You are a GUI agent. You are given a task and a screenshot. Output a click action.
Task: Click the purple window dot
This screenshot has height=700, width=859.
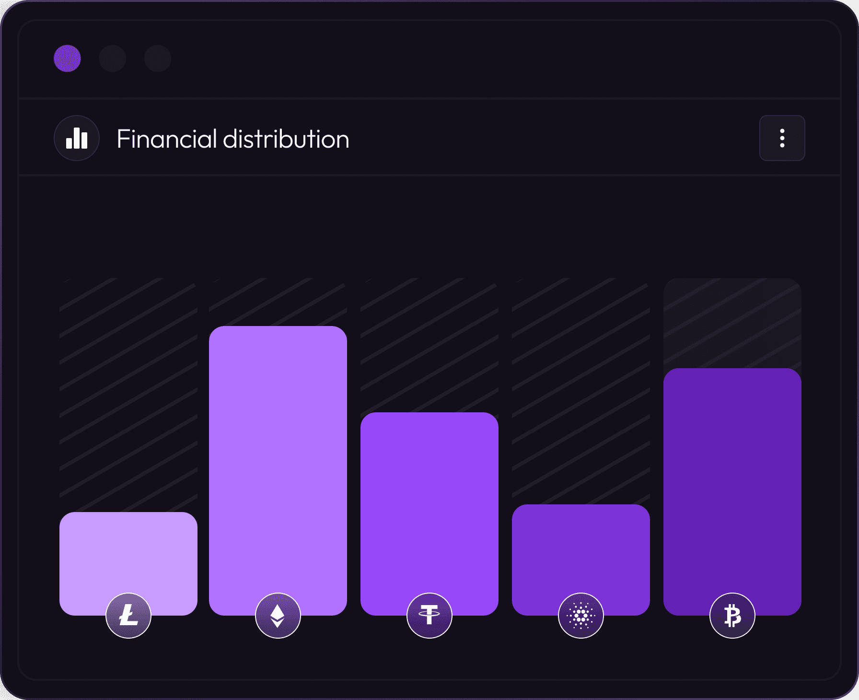pyautogui.click(x=67, y=58)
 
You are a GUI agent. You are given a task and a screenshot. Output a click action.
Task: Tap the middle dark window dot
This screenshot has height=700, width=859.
pyautogui.click(x=113, y=58)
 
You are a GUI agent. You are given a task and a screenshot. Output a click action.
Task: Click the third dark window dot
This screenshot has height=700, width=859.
pyautogui.click(x=158, y=58)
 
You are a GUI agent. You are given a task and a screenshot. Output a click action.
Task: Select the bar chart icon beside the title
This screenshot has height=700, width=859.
pyautogui.click(x=77, y=138)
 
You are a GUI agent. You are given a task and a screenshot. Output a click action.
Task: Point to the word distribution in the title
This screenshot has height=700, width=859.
pyautogui.click(x=286, y=139)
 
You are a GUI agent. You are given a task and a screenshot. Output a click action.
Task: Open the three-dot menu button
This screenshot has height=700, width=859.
pyautogui.click(x=782, y=138)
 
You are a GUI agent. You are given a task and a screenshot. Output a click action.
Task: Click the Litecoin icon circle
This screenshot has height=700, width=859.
pyautogui.click(x=128, y=615)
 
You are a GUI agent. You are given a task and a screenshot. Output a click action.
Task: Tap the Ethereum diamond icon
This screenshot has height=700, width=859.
pyautogui.click(x=278, y=615)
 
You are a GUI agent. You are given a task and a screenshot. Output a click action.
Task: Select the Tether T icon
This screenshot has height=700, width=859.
pyautogui.click(x=429, y=615)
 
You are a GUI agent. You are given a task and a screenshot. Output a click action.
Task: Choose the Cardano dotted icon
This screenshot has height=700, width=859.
pyautogui.click(x=581, y=615)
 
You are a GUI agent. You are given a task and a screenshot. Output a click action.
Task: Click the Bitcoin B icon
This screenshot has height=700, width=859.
pyautogui.click(x=732, y=615)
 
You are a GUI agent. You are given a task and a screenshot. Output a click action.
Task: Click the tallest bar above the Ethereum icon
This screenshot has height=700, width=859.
pyautogui.click(x=278, y=455)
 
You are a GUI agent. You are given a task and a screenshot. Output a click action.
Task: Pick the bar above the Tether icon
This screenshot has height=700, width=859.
pyautogui.click(x=429, y=499)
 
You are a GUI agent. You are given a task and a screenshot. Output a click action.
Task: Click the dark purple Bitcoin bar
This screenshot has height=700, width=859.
pyautogui.click(x=732, y=479)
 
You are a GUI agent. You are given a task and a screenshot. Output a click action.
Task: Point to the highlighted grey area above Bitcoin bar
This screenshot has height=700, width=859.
pyautogui.click(x=732, y=324)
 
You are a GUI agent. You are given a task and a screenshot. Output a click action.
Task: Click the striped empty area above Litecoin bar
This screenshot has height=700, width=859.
pyautogui.click(x=128, y=393)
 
